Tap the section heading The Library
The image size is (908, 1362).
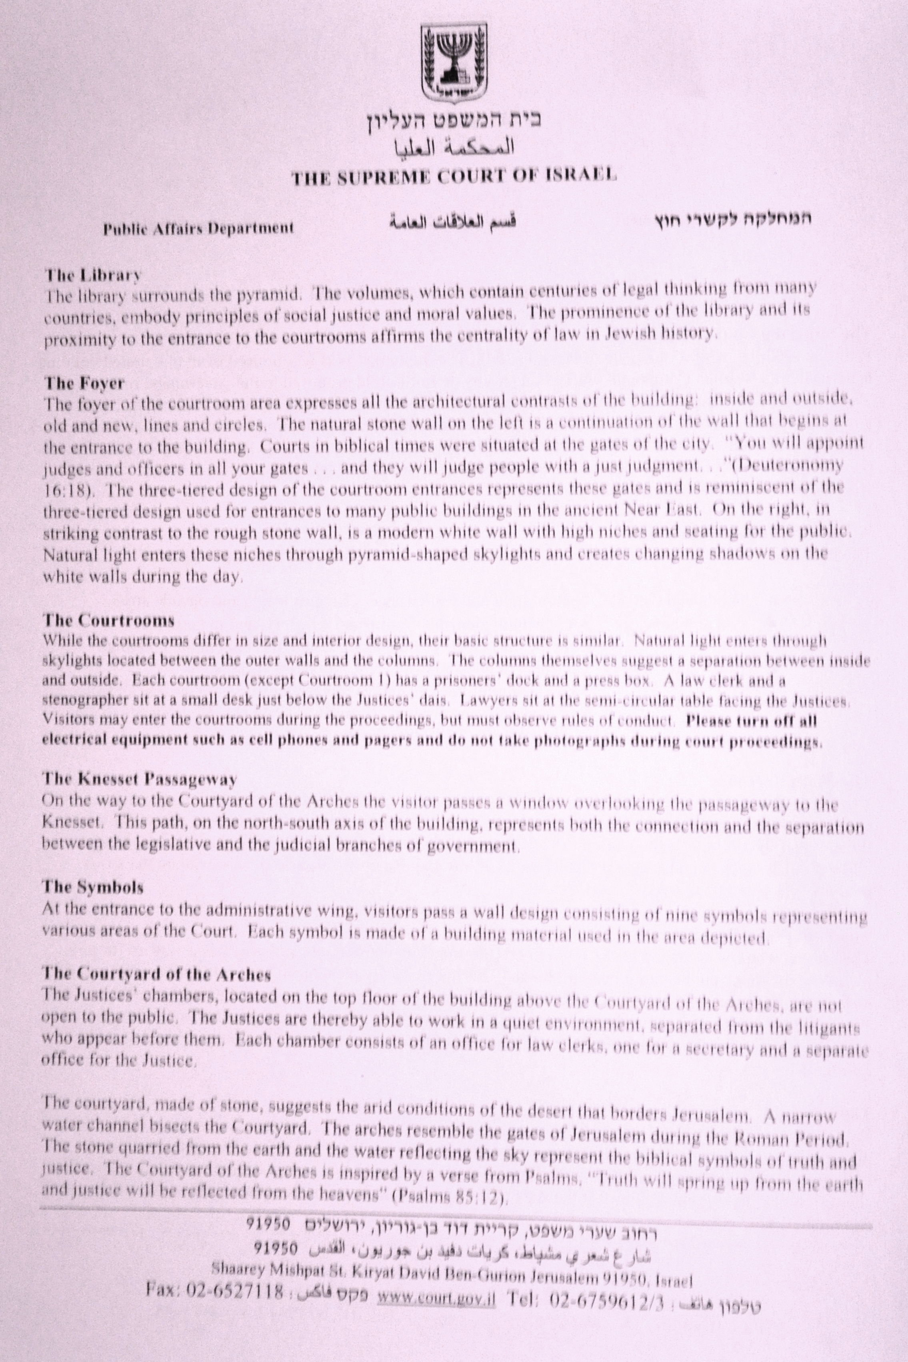(x=93, y=274)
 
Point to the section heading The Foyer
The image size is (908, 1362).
(x=84, y=383)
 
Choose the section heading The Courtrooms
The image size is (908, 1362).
(x=108, y=621)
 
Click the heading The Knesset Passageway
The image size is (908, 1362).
(x=139, y=779)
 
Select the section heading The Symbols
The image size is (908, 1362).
(x=93, y=887)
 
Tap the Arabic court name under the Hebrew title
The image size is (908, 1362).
(x=454, y=149)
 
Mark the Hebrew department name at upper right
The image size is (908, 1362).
(x=732, y=220)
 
